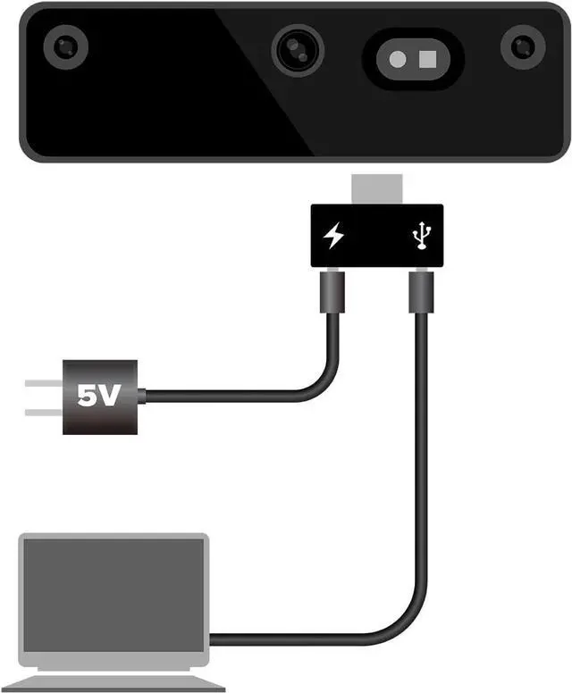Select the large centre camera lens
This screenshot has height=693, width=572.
click(x=299, y=50)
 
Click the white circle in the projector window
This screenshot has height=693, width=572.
click(x=399, y=59)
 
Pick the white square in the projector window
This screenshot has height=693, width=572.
click(x=427, y=58)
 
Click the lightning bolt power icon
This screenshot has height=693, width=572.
click(x=332, y=237)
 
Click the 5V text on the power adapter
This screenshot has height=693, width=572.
click(x=97, y=397)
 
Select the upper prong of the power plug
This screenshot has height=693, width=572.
click(x=42, y=384)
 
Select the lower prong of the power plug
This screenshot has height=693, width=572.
click(x=42, y=413)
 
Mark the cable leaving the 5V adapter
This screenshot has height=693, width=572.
click(x=223, y=396)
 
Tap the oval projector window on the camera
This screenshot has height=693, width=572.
click(x=413, y=59)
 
